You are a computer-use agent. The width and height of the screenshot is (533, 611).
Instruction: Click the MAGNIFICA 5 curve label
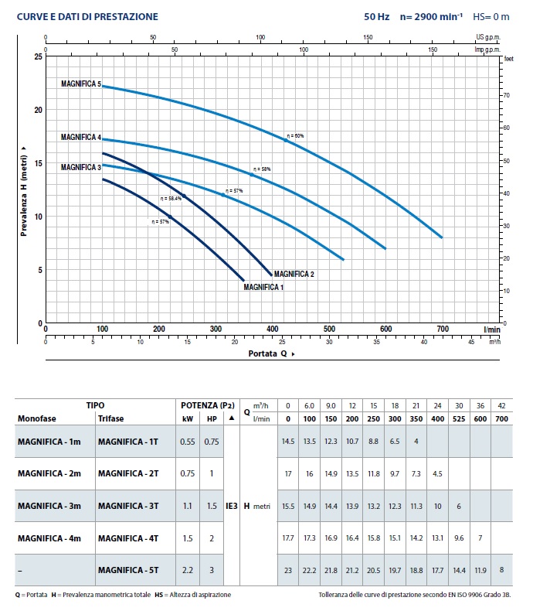(x=81, y=84)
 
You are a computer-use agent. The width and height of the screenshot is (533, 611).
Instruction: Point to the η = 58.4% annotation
(x=171, y=199)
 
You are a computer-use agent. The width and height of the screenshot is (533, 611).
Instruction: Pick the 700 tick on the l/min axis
(x=442, y=329)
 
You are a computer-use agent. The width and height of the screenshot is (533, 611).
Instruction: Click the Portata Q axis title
(x=270, y=353)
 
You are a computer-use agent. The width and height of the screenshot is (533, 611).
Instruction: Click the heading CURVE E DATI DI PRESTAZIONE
(x=76, y=16)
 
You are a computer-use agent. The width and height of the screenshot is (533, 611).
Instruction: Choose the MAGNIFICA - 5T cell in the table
(x=128, y=570)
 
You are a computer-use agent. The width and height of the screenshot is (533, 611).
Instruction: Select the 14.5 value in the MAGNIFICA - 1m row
(x=288, y=441)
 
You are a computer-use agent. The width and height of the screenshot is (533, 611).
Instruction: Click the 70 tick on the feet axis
(x=506, y=94)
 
